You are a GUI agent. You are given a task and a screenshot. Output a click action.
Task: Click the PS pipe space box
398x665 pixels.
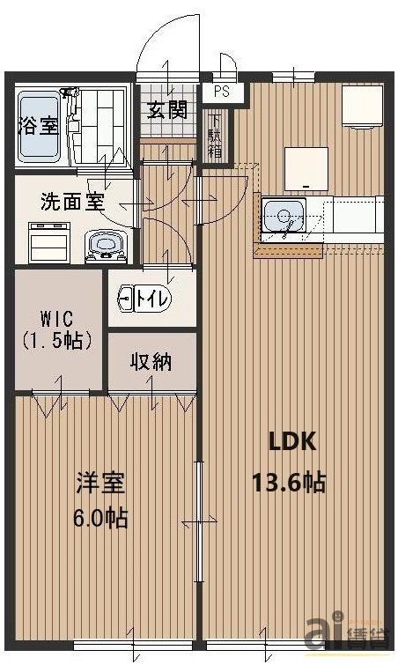[x=219, y=90]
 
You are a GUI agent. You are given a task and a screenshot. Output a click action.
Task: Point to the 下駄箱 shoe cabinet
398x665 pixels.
[x=214, y=136]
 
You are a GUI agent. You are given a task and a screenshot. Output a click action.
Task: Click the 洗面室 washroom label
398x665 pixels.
[x=73, y=202]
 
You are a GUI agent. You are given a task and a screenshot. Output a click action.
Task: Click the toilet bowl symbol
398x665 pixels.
[x=125, y=298]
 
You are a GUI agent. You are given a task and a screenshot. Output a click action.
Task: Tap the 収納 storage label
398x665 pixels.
[x=151, y=361]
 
